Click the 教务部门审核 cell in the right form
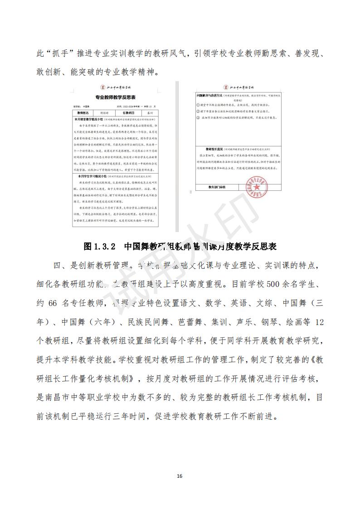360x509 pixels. pos(217,187)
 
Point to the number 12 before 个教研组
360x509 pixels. pos(319,322)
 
